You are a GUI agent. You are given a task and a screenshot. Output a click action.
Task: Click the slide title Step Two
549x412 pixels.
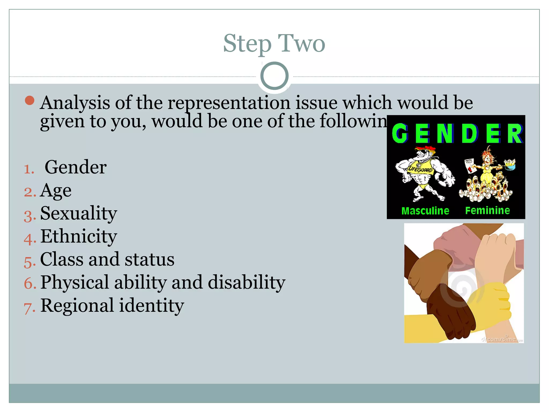coord(274,43)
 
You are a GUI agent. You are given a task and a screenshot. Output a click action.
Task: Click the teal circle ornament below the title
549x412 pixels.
coord(274,76)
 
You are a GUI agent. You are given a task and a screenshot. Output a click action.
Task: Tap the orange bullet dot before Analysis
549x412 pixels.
coord(29,101)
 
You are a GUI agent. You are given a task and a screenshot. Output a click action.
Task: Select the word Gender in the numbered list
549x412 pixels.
coord(76,167)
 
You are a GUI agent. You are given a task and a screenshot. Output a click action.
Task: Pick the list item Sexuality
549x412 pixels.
coord(79,214)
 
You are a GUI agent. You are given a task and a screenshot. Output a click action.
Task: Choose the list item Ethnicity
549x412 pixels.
coord(79,237)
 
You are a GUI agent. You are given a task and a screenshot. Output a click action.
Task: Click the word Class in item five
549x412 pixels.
coord(62,259)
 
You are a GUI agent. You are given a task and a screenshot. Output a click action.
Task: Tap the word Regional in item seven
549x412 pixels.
coord(77,306)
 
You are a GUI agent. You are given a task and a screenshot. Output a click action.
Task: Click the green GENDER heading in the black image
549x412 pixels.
coord(457,133)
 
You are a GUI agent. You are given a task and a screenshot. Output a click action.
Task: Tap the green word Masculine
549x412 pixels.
coord(425,211)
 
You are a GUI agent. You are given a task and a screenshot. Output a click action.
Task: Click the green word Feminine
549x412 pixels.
coord(487,211)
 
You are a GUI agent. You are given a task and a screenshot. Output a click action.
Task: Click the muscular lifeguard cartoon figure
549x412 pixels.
coord(424,174)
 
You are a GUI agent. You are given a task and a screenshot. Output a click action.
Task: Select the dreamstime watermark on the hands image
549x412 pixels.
coord(501,339)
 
